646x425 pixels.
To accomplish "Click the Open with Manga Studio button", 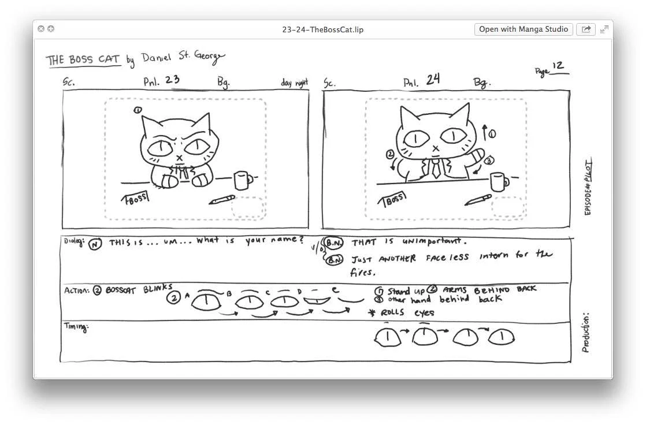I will pyautogui.click(x=524, y=29).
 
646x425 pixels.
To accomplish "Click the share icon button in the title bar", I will pyautogui.click(x=586, y=29).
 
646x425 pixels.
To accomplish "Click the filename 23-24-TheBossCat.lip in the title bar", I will pyautogui.click(x=323, y=29).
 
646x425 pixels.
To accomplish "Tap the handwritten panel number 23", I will pyautogui.click(x=172, y=80).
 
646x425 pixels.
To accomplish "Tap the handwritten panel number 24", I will pyautogui.click(x=433, y=80).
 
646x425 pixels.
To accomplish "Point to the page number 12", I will pyautogui.click(x=558, y=66).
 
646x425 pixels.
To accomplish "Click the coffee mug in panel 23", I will pyautogui.click(x=242, y=180).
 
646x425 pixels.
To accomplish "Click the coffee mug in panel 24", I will pyautogui.click(x=499, y=181).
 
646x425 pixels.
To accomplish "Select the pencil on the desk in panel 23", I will pyautogui.click(x=222, y=200).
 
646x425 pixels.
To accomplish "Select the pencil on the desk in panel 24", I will pyautogui.click(x=478, y=200).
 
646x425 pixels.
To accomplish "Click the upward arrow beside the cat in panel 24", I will pyautogui.click(x=484, y=131).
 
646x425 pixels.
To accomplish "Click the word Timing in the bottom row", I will pyautogui.click(x=75, y=327).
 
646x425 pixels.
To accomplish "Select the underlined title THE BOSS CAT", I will pyautogui.click(x=83, y=60).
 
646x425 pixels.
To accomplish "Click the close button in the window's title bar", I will pyautogui.click(x=41, y=29).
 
